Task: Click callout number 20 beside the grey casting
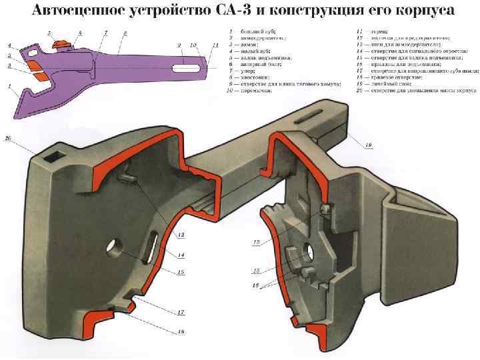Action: pos(8,138)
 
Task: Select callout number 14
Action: pos(181,255)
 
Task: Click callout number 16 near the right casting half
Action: pos(255,285)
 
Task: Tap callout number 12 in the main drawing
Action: pos(181,235)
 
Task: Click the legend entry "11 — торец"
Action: pos(380,31)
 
